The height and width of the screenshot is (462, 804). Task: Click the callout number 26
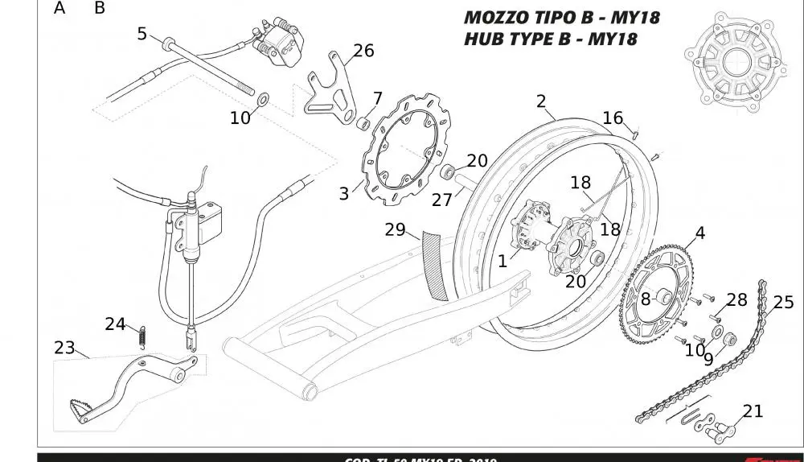click(363, 51)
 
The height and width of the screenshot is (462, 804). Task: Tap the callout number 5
click(142, 34)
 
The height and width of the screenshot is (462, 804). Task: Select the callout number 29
click(395, 229)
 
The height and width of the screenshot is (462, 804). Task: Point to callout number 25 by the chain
click(783, 302)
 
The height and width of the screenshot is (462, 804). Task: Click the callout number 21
click(753, 411)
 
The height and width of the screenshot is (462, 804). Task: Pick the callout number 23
click(64, 348)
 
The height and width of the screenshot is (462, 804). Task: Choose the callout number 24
click(115, 324)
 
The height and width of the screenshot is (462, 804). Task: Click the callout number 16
click(613, 118)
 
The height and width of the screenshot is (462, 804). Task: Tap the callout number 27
click(442, 199)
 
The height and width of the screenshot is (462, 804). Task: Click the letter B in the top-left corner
click(100, 9)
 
